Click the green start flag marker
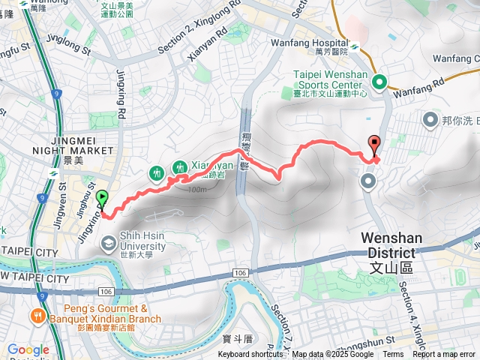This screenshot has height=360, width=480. coord(102,199)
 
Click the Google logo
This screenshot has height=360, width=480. coord(28,349)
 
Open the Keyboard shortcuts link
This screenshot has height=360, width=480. coord(251,355)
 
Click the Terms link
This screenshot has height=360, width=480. coord(393,355)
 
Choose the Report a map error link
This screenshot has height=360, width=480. coord(444,355)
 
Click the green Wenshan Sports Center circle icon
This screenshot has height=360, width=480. coord(380,82)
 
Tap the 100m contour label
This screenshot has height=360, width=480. coord(197,190)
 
